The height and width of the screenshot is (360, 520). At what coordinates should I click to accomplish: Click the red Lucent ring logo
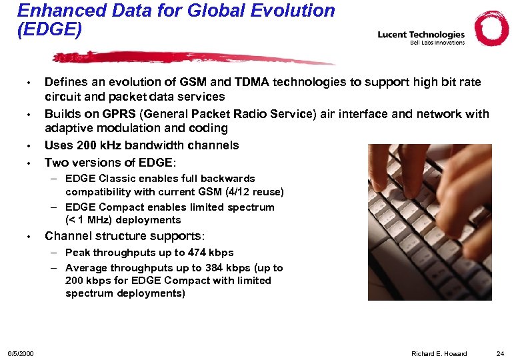(x=491, y=29)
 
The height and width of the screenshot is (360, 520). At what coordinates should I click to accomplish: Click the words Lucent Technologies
(x=421, y=35)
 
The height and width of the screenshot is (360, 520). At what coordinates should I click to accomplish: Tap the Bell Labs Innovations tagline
(x=437, y=43)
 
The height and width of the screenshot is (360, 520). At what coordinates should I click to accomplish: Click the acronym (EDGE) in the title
(x=49, y=30)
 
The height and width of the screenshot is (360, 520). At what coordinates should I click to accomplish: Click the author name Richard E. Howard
(x=439, y=353)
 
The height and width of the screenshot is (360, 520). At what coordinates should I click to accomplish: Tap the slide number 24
(x=500, y=353)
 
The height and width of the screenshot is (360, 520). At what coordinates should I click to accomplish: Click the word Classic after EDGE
(x=118, y=179)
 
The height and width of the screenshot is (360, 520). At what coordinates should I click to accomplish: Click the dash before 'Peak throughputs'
(x=52, y=253)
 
